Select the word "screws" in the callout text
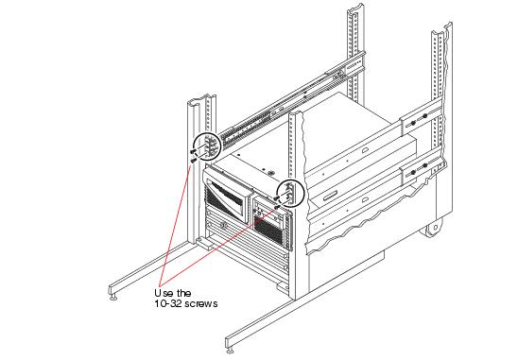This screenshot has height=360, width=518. [200, 303]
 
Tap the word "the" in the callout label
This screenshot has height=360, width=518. [183, 293]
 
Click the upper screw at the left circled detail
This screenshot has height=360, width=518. [193, 151]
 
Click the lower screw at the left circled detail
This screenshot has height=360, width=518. [194, 161]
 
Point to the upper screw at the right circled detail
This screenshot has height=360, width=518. [277, 197]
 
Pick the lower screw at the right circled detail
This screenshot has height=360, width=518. [278, 207]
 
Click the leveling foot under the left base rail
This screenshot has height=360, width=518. [114, 297]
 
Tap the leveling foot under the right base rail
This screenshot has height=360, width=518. [231, 351]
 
